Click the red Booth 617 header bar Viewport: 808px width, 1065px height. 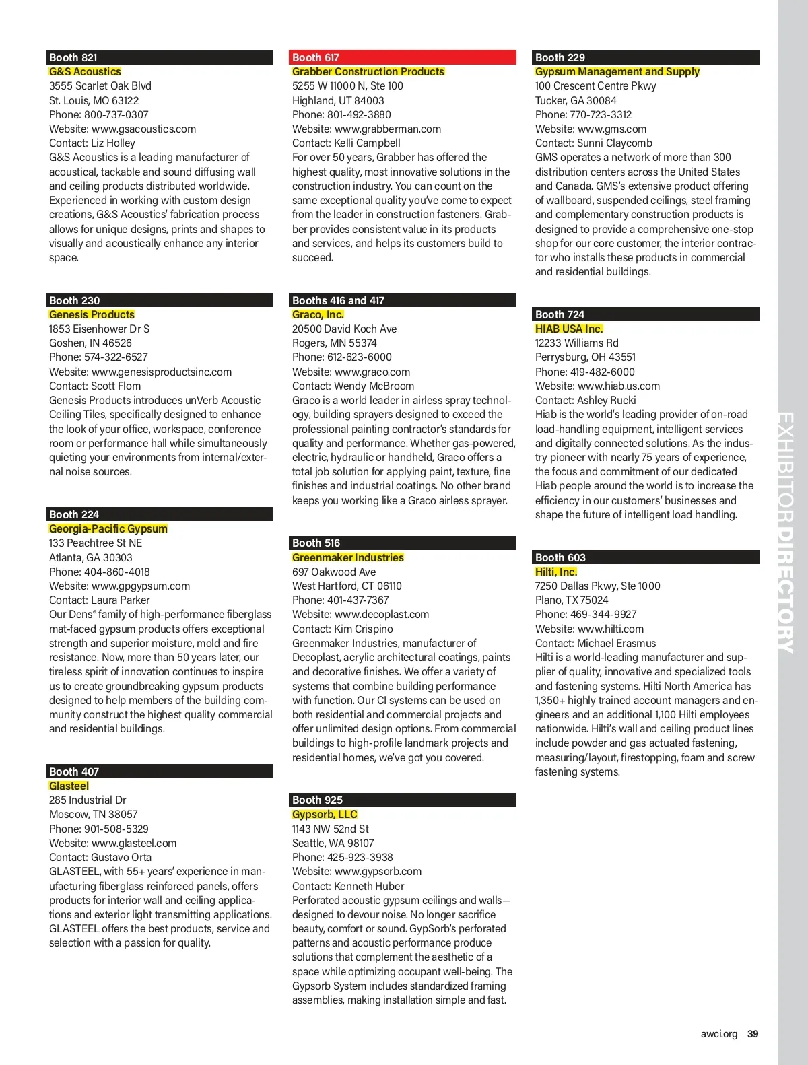click(403, 57)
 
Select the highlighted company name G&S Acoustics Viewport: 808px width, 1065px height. click(85, 72)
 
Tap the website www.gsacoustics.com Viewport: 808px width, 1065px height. click(143, 129)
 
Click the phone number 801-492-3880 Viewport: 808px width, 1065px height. click(359, 114)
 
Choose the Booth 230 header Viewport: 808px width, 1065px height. click(160, 300)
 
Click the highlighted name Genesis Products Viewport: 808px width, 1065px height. click(92, 314)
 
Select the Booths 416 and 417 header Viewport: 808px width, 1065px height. click(403, 300)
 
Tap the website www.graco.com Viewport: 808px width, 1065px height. click(372, 372)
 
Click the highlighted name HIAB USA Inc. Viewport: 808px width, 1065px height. click(569, 329)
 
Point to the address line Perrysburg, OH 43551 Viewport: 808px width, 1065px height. click(585, 357)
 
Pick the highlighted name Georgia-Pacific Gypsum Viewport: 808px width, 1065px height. click(108, 528)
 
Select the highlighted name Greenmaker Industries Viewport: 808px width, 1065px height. click(347, 557)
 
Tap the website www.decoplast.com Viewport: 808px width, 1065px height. click(381, 614)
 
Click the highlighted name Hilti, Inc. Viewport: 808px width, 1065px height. click(556, 572)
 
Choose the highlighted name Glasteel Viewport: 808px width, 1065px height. click(69, 786)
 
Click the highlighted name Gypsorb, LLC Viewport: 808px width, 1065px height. click(325, 814)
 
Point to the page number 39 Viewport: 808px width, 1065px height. click(753, 1034)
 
